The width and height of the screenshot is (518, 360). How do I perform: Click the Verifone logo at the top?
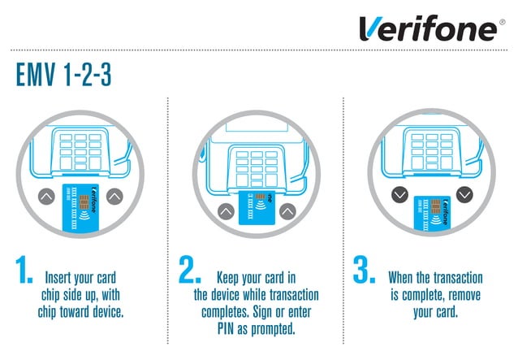pos(428,28)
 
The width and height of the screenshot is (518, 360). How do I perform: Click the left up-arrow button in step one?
pos(45,195)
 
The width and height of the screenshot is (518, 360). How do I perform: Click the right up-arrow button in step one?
pos(114,195)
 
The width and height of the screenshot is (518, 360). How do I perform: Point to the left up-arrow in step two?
pos(224,211)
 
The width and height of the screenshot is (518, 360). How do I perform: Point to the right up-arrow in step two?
pos(289,211)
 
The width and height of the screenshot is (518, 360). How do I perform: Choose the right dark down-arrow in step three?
pos(464,195)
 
